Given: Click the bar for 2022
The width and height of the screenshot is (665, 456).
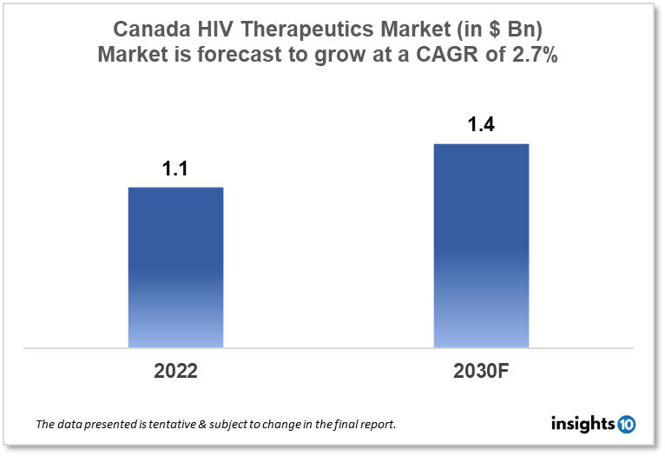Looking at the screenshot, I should (x=175, y=268).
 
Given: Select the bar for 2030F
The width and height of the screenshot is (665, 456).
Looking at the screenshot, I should (x=481, y=246).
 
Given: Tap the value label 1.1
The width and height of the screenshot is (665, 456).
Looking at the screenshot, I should (x=175, y=169).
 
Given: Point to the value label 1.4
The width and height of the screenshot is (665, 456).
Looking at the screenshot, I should (x=481, y=125).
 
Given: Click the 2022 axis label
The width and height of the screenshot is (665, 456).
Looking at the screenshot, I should (x=175, y=371).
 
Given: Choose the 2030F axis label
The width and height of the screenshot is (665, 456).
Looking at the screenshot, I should (x=481, y=371).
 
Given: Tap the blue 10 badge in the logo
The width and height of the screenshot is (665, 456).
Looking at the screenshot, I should (x=626, y=424).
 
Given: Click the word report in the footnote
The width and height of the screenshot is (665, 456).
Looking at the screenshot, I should (x=377, y=426).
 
